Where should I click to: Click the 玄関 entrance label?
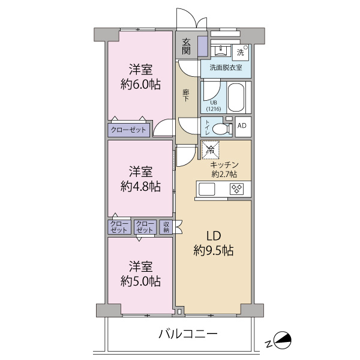click(x=186, y=46)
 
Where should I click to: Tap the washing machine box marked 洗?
click(x=241, y=53)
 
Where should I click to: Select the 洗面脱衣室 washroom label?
click(x=226, y=68)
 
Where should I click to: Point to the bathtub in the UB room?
click(x=236, y=97)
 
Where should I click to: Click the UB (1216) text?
click(x=214, y=106)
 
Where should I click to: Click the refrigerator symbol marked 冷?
click(x=210, y=150)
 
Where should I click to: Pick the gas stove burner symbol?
click(x=237, y=189)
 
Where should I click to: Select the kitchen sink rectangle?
click(x=206, y=189)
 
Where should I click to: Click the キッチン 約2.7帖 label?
click(x=224, y=169)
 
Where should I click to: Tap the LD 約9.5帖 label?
click(x=214, y=243)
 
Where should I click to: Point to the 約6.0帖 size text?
click(x=140, y=85)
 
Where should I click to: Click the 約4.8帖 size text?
click(x=140, y=187)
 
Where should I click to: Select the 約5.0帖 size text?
click(x=140, y=281)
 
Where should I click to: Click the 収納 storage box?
click(x=166, y=227)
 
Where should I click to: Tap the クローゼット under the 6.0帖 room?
click(x=128, y=130)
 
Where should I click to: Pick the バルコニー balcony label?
click(x=188, y=334)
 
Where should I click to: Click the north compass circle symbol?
click(x=283, y=340)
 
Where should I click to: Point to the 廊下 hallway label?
click(x=186, y=95)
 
